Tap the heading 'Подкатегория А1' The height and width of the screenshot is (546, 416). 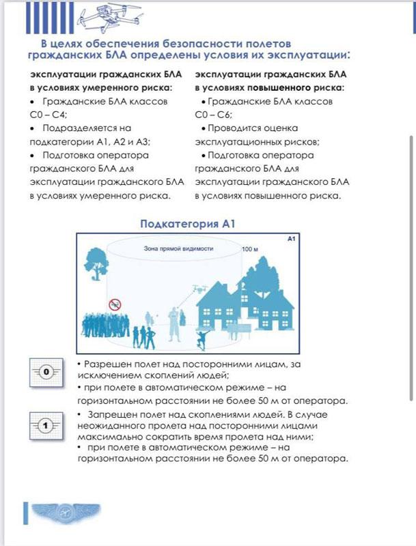[x=188, y=223]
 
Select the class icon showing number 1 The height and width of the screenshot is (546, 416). [x=46, y=427]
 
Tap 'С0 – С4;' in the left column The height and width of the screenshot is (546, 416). [x=53, y=114]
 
